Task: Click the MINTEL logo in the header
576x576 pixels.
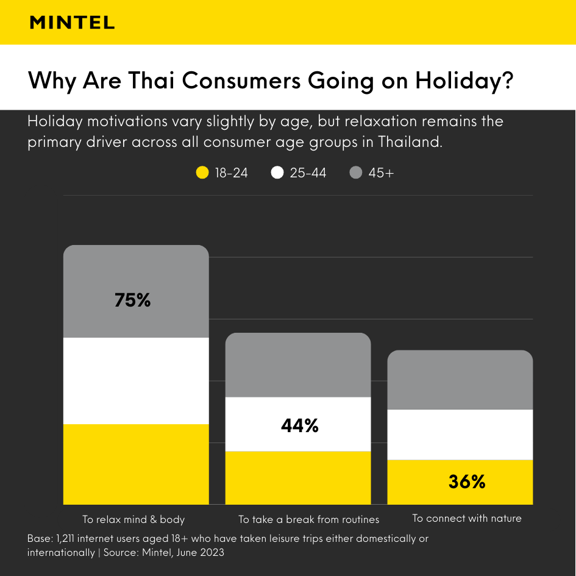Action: pos(72,23)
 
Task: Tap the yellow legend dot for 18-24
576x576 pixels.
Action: pos(202,173)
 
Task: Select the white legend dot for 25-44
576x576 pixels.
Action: pos(278,173)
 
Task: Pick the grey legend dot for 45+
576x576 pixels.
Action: pos(356,173)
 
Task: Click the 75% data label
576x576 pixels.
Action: pos(132,300)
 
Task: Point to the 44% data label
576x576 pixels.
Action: pos(299,426)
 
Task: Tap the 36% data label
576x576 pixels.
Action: pos(467,482)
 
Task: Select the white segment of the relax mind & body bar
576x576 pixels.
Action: pos(136,380)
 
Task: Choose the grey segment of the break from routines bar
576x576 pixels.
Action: pos(298,365)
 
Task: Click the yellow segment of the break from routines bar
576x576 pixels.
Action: pos(298,478)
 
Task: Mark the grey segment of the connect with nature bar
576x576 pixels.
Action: pos(460,380)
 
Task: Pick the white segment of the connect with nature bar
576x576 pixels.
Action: pos(460,435)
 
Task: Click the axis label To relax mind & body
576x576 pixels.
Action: pos(133,520)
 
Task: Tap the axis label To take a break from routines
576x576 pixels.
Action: pos(308,520)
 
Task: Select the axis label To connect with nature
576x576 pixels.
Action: pos(467,519)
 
